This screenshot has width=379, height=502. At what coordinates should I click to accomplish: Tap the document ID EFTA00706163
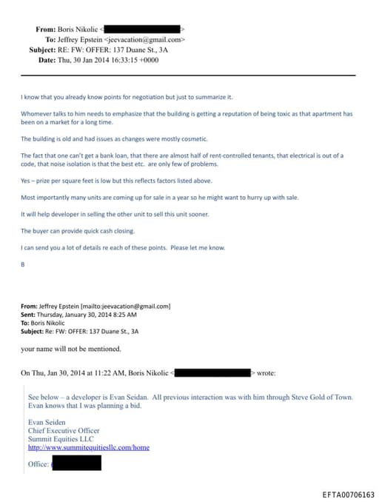pos(348,494)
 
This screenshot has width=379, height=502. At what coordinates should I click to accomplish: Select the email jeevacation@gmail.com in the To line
pos(144,39)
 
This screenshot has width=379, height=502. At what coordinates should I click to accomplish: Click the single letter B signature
pos(22,263)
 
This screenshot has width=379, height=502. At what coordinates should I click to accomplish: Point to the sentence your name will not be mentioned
pos(70,349)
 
